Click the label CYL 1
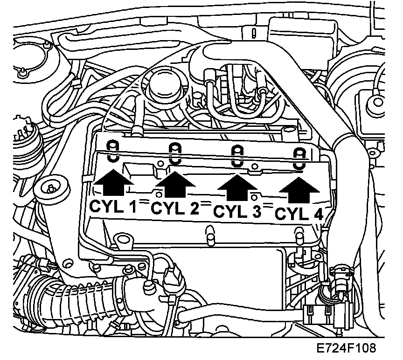pyautogui.click(x=113, y=206)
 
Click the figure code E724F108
pyautogui.click(x=345, y=348)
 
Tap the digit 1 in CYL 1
pyautogui.click(x=133, y=206)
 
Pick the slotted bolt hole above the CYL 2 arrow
pyautogui.click(x=174, y=153)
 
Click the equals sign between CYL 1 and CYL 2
pyautogui.click(x=144, y=203)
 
